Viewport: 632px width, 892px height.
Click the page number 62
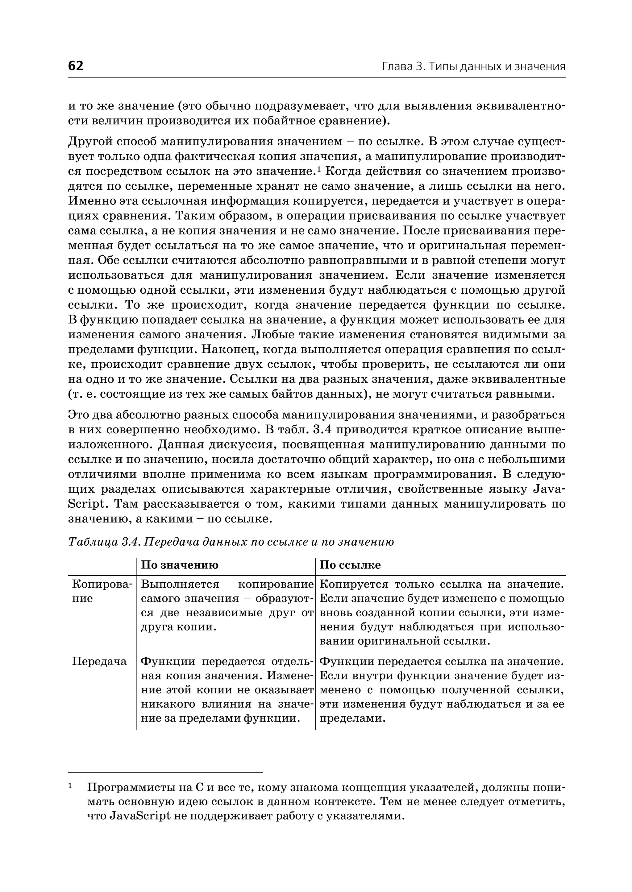coord(76,66)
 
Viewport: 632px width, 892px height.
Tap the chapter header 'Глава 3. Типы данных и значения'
coord(473,67)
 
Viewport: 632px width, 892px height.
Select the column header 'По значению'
coord(179,565)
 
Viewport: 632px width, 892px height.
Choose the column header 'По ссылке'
coord(350,565)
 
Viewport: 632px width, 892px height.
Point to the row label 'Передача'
coord(99,661)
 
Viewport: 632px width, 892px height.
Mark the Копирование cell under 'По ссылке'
coord(441,613)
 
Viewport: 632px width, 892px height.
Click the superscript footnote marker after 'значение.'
coord(318,168)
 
